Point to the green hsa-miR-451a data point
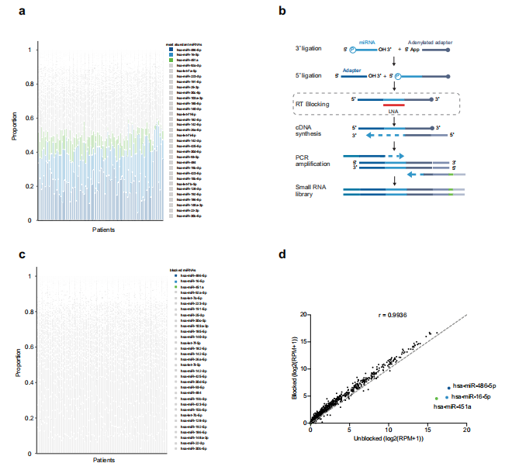point(436,399)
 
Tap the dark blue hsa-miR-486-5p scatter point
point(448,387)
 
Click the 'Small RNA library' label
point(310,192)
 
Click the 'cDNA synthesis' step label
point(310,130)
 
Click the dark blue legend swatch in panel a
point(172,50)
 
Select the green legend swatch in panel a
point(172,60)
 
